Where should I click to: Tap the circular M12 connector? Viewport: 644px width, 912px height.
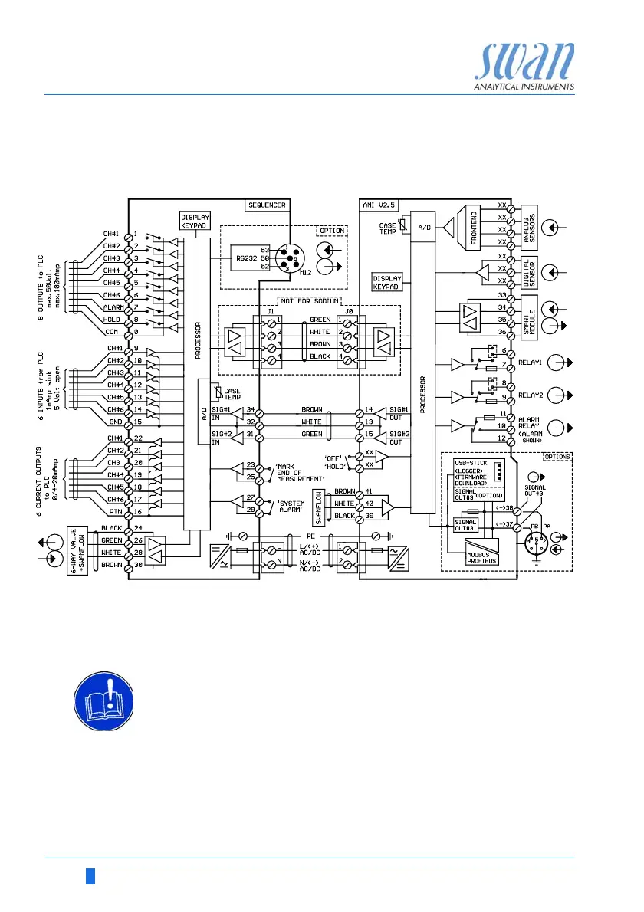coord(290,260)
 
